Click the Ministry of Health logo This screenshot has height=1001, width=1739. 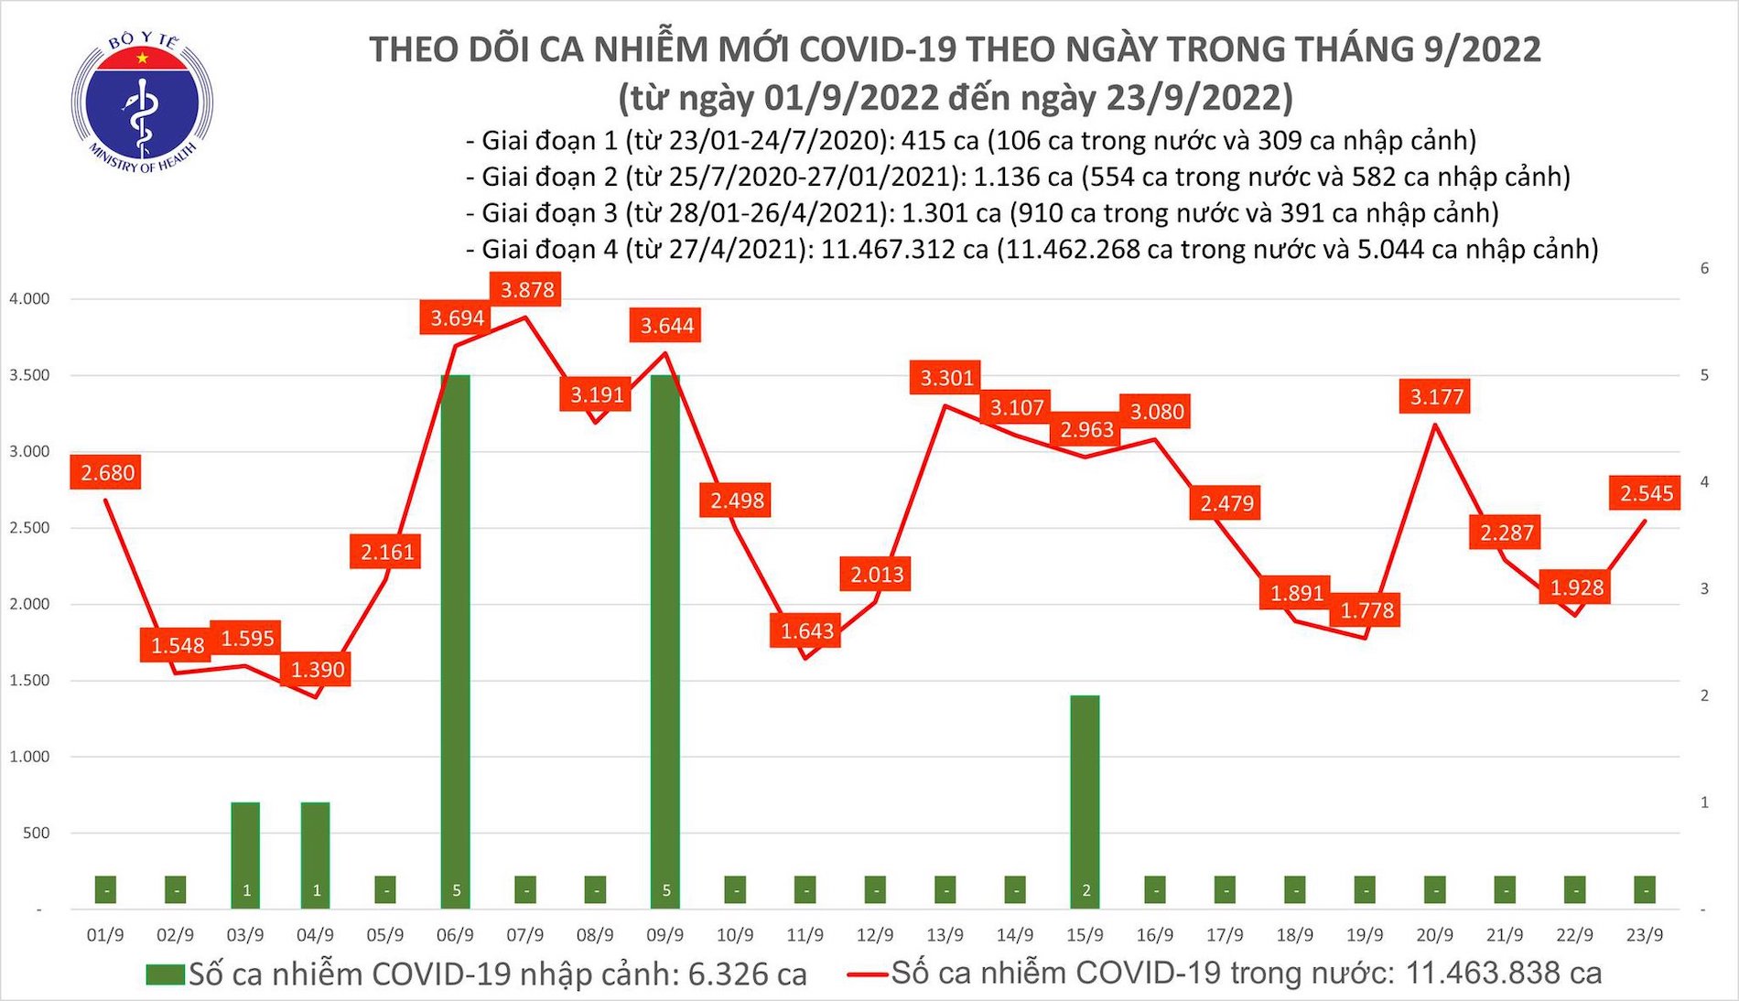pos(142,102)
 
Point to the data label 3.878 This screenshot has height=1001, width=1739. pos(527,290)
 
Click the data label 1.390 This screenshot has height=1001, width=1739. pos(318,670)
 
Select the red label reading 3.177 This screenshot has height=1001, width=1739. pos(1436,397)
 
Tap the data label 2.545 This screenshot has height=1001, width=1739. pos(1646,494)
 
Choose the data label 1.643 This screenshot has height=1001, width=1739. pos(807,631)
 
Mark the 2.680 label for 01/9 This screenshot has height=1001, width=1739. pos(106,473)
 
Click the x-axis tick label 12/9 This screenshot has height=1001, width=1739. pos(875,935)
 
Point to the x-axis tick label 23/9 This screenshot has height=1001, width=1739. pos(1645,935)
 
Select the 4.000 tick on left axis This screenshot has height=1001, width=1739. pos(29,299)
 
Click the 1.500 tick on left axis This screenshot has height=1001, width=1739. pos(29,681)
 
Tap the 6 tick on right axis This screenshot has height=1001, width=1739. pos(1704,268)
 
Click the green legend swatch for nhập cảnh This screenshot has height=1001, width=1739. pos(165,974)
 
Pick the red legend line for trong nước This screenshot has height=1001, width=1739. pos(866,974)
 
